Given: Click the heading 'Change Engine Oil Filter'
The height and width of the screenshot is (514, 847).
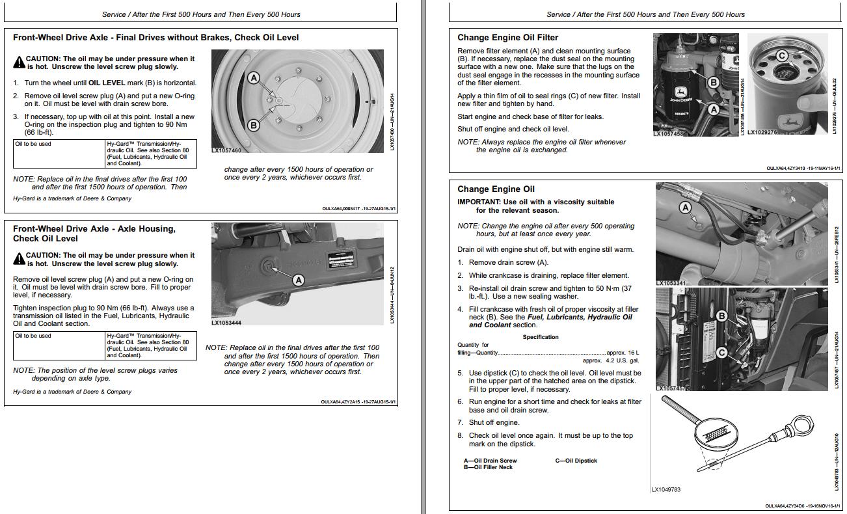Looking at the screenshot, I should click(507, 38).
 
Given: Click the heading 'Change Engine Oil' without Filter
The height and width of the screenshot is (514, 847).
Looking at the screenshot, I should click(496, 189).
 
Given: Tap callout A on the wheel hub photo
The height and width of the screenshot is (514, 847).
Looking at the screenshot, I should click(254, 78).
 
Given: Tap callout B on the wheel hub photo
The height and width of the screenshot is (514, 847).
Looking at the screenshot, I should click(254, 125).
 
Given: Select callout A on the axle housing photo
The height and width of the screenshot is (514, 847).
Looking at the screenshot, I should click(299, 280).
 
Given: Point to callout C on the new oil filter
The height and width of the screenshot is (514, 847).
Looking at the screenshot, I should click(782, 56).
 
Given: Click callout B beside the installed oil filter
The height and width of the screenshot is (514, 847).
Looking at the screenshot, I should click(714, 83).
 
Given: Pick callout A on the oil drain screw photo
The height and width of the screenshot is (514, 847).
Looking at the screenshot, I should click(684, 208).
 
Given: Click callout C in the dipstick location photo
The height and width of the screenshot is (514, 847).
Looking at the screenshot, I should click(721, 353).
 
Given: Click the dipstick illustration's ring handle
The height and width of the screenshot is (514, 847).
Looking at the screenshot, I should click(805, 430).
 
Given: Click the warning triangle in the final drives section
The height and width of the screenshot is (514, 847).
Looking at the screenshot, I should click(19, 62).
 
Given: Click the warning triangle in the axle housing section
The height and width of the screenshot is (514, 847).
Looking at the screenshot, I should click(19, 260).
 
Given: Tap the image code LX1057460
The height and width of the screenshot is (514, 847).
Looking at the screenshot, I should click(226, 150).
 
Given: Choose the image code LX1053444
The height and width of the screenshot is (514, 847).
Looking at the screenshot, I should click(226, 323).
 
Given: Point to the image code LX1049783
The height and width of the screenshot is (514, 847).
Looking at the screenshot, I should click(665, 489).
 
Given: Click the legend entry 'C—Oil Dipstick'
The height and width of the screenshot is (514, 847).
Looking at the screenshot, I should click(576, 461).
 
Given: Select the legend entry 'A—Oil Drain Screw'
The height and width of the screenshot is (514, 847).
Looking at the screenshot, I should click(490, 461).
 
